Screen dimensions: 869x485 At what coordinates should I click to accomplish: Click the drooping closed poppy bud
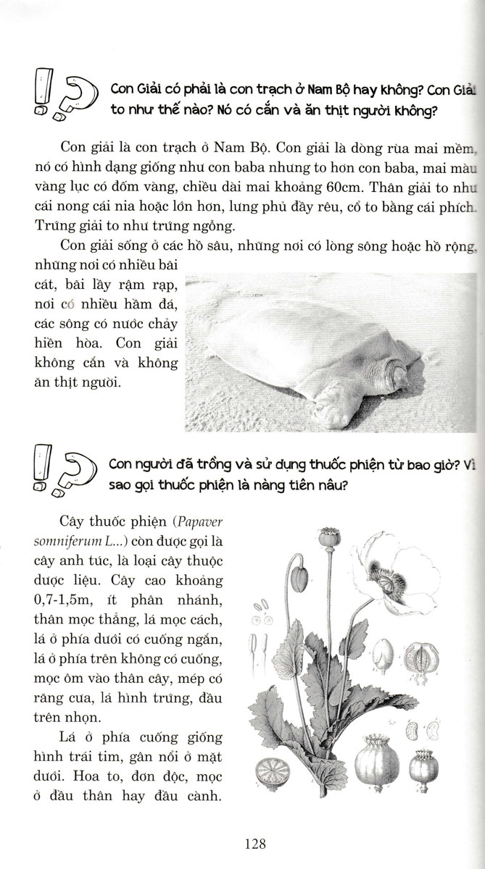pyautogui.click(x=299, y=579)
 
